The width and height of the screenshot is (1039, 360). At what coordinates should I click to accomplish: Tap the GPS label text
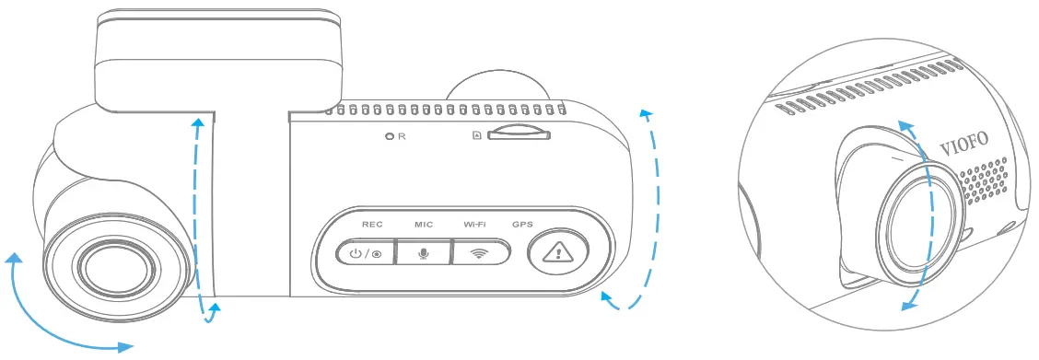pos(523,224)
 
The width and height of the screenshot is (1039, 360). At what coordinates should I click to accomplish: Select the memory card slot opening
pos(518,134)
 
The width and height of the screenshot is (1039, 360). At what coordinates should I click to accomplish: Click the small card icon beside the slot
pos(476,135)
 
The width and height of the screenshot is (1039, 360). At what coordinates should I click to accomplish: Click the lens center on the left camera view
pos(114,266)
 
